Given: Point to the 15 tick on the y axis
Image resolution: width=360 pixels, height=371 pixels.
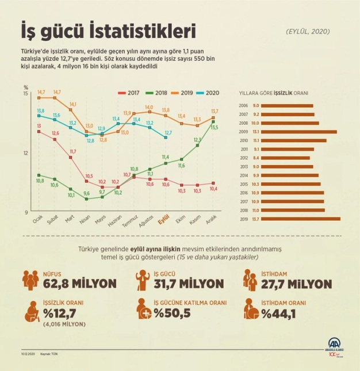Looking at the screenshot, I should (25, 93).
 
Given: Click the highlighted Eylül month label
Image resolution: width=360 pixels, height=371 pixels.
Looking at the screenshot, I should (164, 220).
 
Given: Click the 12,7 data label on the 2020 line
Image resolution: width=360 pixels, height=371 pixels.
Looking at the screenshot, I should (168, 132).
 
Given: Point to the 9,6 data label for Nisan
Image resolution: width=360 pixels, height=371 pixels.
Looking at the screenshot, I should (87, 194).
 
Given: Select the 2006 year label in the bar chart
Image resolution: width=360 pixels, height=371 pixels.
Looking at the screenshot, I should (243, 105).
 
